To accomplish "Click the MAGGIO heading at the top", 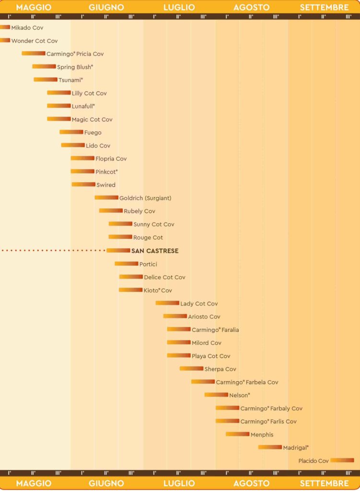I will click(34, 7).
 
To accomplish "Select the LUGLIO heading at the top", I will click(179, 7).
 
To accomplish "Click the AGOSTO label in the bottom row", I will click(251, 483).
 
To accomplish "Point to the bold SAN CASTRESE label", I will click(155, 251).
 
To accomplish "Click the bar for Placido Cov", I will click(342, 460).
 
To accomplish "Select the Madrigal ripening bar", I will click(270, 447).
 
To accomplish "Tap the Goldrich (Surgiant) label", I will click(145, 198).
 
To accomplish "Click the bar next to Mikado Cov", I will click(5, 27).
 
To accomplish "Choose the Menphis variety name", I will click(262, 434).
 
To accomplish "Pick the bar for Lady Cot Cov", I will click(167, 303).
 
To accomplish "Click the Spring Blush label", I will click(75, 67).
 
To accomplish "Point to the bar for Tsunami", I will click(46, 80).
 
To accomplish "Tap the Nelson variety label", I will click(240, 395).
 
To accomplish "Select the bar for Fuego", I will click(71, 132).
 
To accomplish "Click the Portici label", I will click(148, 264).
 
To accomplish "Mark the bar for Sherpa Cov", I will click(191, 369).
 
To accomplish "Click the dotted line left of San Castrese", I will click(53, 250).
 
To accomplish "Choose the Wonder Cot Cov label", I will click(35, 41).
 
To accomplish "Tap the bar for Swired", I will click(83, 184).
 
